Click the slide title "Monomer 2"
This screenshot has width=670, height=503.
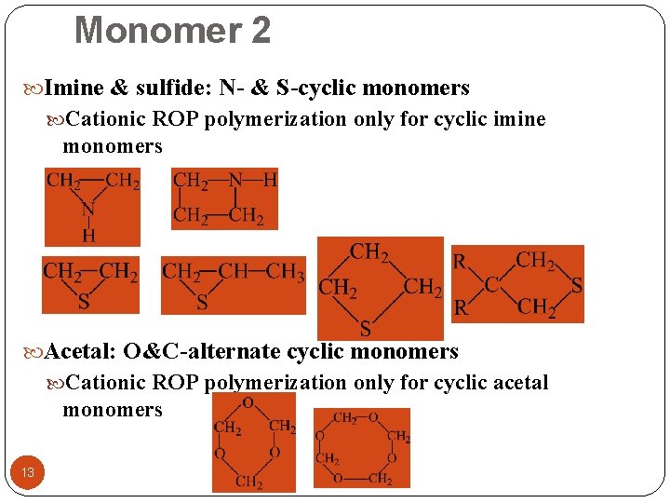coord(172,31)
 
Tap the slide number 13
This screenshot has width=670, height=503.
coord(28,472)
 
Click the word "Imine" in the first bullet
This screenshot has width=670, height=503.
coord(74,88)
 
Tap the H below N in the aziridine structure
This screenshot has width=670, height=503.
coord(88,235)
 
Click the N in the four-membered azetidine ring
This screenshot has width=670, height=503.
coord(237,180)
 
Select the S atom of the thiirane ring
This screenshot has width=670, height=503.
coord(84,301)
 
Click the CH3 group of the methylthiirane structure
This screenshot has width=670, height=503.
coord(286,272)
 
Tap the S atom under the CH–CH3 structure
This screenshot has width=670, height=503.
coord(202,302)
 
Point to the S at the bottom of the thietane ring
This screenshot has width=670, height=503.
coord(366,329)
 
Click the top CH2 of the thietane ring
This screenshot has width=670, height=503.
coord(369,251)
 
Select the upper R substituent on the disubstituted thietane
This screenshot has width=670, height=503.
coord(460,262)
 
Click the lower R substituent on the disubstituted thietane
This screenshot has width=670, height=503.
coord(460,308)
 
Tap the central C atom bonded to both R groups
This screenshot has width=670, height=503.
coord(491,285)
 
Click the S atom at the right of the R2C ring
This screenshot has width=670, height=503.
coord(576,286)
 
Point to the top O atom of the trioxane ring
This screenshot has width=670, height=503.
coord(248,402)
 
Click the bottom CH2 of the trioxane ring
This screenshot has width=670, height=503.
coord(248,483)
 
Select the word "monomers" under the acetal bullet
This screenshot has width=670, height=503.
coord(113,410)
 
